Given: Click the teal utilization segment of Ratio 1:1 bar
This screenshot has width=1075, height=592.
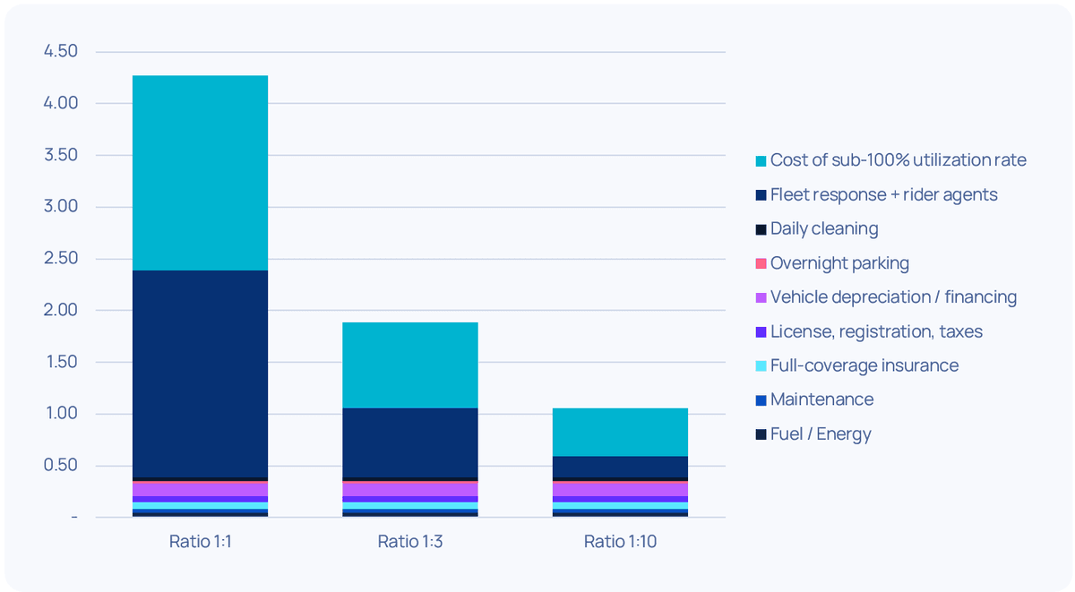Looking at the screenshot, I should [200, 173].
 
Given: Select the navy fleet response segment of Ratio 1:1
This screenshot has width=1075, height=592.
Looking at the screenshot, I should [200, 373].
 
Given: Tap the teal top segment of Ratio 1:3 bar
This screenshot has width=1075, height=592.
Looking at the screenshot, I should [409, 365].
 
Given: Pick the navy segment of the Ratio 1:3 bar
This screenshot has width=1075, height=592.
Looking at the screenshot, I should [409, 442].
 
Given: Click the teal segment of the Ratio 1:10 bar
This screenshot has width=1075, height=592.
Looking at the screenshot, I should [620, 432].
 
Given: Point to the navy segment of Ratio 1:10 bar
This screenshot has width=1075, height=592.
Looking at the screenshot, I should [620, 466].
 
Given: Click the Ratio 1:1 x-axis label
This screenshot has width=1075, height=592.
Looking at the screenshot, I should [200, 541].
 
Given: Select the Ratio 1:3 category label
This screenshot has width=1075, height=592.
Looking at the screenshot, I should [409, 541].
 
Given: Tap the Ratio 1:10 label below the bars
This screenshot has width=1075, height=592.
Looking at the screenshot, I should [620, 541].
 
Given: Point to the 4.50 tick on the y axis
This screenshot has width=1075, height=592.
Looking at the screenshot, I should [61, 52].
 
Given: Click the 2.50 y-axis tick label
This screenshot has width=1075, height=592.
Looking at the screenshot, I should [61, 259].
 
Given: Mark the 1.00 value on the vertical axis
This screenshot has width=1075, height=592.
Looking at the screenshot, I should [61, 414].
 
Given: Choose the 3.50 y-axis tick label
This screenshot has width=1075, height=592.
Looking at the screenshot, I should [61, 155].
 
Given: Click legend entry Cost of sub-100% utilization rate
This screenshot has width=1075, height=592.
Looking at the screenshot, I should [898, 160].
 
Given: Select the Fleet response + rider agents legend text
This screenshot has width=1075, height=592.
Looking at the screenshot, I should [883, 194].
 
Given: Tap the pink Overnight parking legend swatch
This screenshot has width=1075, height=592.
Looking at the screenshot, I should [761, 263].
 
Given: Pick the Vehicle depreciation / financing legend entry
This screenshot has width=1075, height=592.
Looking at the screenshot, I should [893, 297].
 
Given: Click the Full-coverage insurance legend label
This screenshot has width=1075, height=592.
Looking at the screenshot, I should [864, 365].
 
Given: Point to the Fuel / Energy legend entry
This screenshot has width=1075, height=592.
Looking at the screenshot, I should [821, 434].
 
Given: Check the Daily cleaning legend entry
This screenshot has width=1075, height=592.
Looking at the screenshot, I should [824, 228].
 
